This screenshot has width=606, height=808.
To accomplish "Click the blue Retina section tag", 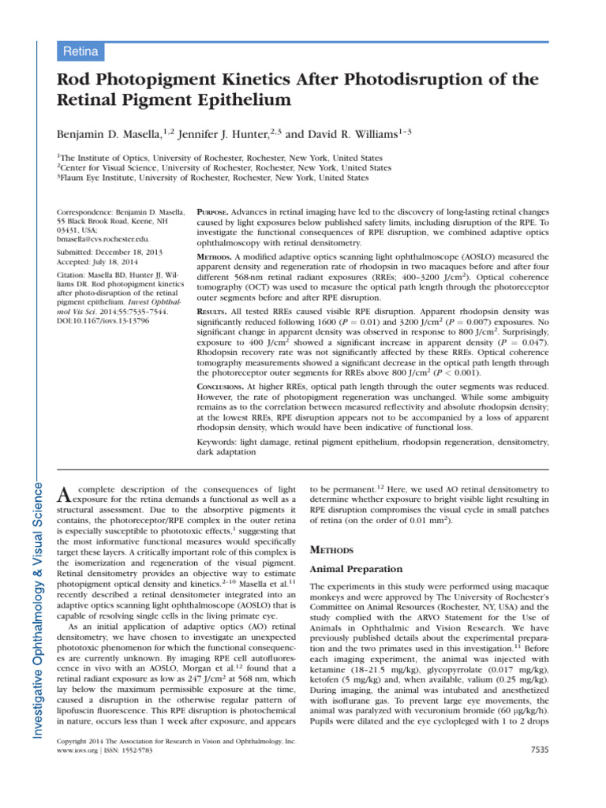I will click(x=81, y=52).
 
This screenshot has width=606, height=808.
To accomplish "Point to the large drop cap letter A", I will click(x=66, y=495).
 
